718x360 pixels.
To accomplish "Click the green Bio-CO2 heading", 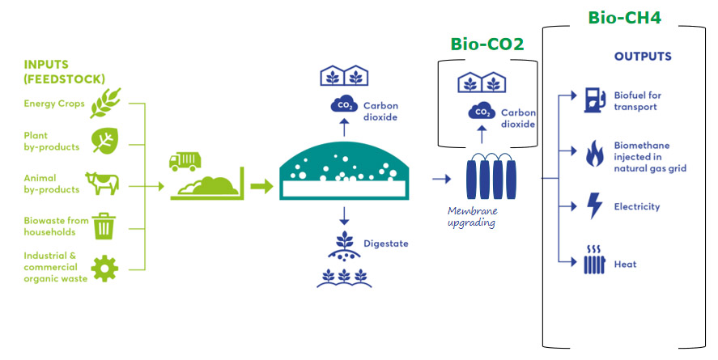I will [x=486, y=44].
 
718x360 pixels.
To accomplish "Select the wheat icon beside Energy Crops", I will [x=104, y=103].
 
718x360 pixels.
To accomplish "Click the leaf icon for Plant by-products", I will [x=104, y=141].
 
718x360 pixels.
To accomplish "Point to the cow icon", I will [x=104, y=184].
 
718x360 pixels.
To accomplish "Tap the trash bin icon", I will [x=104, y=226].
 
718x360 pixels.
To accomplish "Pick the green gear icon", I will [x=104, y=268].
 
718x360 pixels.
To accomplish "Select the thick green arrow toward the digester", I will [x=261, y=188].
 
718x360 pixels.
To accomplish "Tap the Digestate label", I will [x=384, y=244].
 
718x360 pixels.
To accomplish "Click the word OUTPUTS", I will [x=642, y=57].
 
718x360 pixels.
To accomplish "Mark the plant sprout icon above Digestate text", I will [x=345, y=244].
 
